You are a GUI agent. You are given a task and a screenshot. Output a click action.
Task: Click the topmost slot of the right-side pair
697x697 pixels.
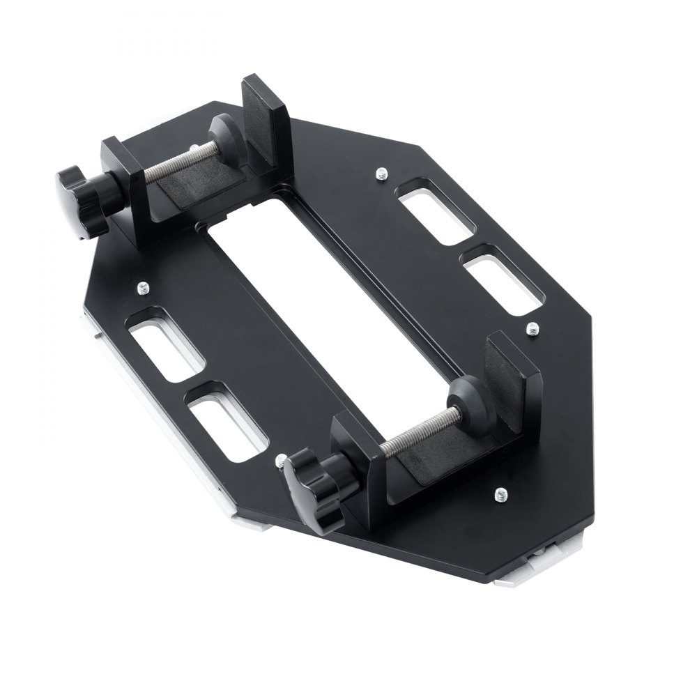tap(437, 211)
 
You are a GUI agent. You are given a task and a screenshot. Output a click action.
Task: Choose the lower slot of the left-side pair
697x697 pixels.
tap(227, 422)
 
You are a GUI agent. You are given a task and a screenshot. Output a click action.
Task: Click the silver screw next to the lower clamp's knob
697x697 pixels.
tap(280, 460)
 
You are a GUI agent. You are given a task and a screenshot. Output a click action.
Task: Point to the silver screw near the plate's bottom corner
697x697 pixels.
tap(500, 495)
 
